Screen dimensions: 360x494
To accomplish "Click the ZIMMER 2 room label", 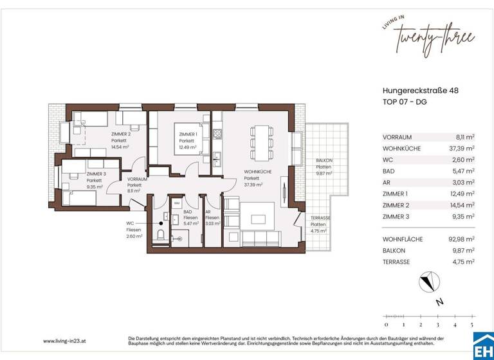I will (x=120, y=134).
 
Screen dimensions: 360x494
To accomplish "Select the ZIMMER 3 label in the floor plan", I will (x=95, y=174).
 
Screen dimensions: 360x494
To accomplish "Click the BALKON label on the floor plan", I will (x=323, y=161).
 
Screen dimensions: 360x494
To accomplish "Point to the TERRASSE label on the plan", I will (x=320, y=218).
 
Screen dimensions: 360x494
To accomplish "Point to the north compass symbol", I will (x=428, y=282).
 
